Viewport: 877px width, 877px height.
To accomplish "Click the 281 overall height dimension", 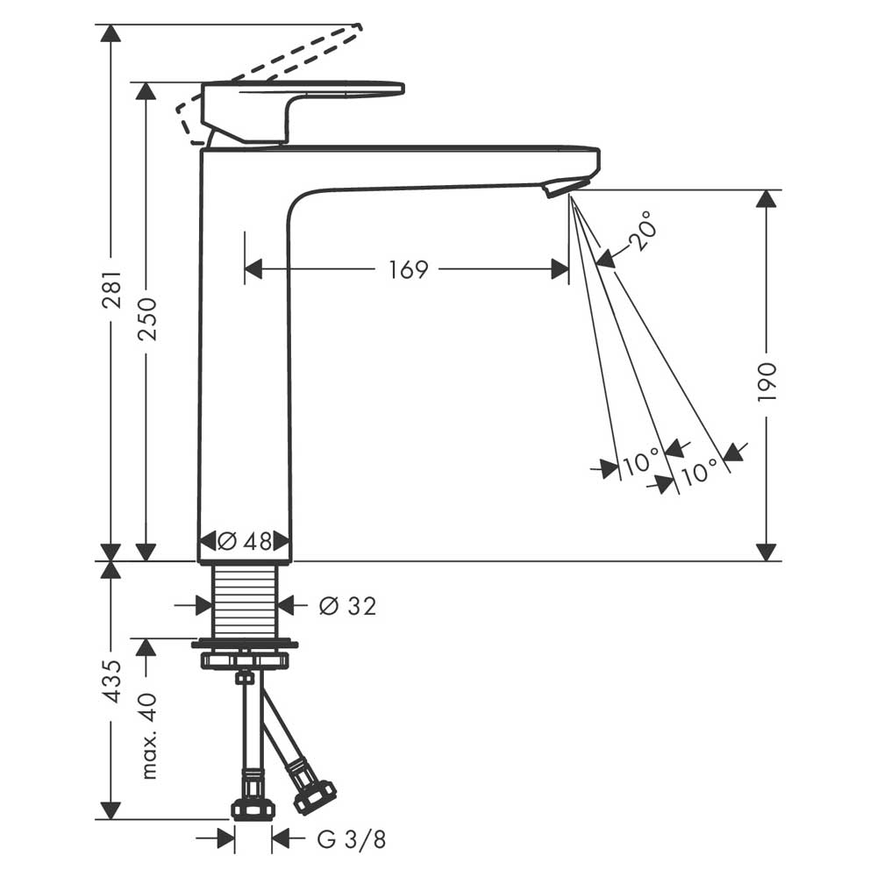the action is pyautogui.click(x=112, y=289).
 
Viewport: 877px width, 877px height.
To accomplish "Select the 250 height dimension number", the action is pyautogui.click(x=147, y=319).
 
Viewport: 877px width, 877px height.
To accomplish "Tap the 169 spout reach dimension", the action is pyautogui.click(x=409, y=269).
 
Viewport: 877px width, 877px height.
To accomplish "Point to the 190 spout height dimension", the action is pyautogui.click(x=767, y=381).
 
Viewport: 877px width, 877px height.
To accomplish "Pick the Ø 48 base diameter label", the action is pyautogui.click(x=245, y=541).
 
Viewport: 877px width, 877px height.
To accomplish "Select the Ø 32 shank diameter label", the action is pyautogui.click(x=348, y=606).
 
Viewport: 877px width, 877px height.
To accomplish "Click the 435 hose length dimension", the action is pyautogui.click(x=112, y=681).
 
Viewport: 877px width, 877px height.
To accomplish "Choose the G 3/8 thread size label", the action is pyautogui.click(x=352, y=839).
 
